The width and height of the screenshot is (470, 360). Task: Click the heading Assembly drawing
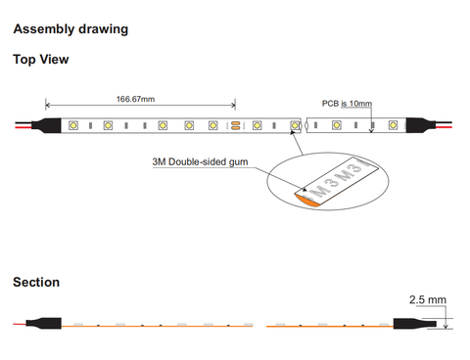pos(70,29)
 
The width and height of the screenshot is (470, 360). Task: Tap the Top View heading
pos(41,60)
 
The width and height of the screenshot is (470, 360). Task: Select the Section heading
pos(36,282)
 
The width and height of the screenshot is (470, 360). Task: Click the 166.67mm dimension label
pos(135,99)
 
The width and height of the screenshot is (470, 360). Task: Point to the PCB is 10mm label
pos(347,104)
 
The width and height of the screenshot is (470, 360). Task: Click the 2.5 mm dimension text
pos(428,299)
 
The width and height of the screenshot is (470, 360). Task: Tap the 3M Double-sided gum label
pos(200,161)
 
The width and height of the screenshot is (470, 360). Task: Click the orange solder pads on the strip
pos(236,125)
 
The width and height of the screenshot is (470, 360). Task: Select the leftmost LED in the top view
pos(73,125)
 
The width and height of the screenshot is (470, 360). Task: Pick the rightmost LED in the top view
pos(393,125)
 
